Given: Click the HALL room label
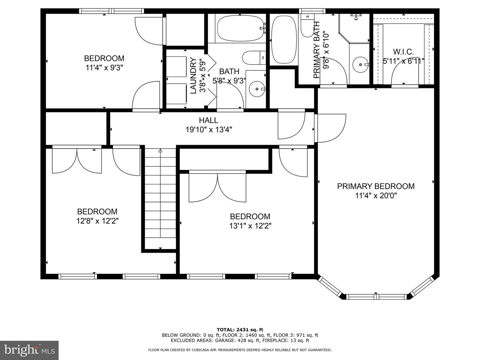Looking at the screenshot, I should click(209, 120).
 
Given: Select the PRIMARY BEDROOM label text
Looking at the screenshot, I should click(376, 186).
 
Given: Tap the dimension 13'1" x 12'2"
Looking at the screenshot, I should click(250, 226).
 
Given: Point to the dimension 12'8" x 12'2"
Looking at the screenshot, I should click(97, 221).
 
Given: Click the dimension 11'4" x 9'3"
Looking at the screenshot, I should click(104, 68).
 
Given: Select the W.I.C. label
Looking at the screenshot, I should click(403, 52).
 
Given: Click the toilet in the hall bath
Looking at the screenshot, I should click(253, 58).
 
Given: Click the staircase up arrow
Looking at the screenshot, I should click(160, 151).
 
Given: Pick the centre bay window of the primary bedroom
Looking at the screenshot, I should click(376, 296).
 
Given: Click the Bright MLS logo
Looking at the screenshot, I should click(29, 350).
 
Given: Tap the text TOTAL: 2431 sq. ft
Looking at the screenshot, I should click(240, 330).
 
